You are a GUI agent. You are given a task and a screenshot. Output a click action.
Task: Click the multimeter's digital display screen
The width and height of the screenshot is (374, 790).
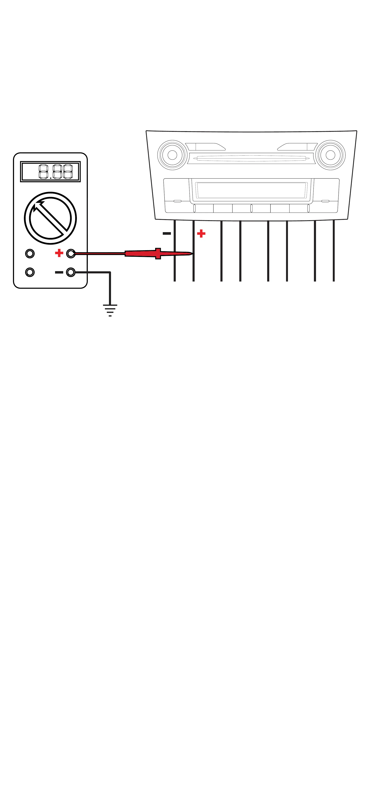pos(50,172)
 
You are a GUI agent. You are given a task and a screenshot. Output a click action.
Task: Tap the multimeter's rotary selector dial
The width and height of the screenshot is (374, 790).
pos(50,218)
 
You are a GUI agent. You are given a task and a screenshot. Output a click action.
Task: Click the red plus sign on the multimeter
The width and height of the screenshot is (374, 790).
pos(59,253)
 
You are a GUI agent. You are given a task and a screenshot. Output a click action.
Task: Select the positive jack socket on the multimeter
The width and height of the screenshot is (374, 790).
pos(71,253)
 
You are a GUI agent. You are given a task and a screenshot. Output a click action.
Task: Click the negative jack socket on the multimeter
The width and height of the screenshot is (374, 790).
pos(71,272)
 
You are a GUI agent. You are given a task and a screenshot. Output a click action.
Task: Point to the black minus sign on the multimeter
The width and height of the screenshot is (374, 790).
pos(59,272)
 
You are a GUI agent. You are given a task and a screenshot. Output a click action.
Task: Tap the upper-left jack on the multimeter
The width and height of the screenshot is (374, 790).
pos(30,253)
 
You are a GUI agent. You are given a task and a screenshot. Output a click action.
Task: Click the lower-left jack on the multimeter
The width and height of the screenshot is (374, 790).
pos(30,272)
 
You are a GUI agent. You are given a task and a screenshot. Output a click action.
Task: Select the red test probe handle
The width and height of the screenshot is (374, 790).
pos(144,253)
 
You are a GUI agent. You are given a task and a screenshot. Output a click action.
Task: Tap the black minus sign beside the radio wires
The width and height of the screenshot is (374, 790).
pos(167,233)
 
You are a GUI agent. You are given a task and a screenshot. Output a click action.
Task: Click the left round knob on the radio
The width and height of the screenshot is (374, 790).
pos(172,155)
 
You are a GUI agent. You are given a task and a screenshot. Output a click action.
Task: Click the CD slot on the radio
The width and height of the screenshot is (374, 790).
pos(251,158)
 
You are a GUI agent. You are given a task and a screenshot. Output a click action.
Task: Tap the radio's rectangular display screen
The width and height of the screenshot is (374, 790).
pos(251,190)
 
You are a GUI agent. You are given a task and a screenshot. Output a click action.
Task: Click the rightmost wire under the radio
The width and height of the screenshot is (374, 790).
pos(333,252)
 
